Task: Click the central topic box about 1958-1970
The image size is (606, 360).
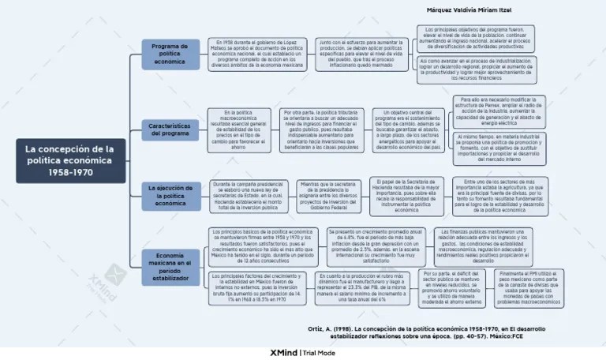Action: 69,160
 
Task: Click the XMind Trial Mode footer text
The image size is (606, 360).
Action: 303,353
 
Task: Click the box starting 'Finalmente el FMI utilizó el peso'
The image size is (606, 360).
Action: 529,288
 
